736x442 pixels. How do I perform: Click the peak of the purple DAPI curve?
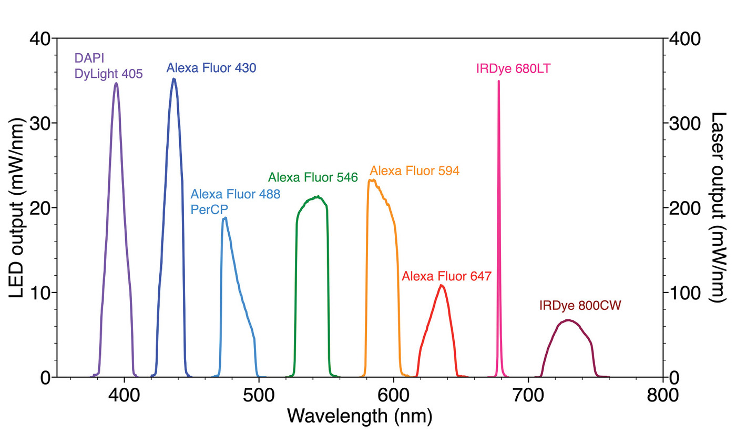(116, 83)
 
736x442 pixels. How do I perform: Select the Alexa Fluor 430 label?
(211, 68)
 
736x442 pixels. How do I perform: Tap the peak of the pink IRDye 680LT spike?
(498, 81)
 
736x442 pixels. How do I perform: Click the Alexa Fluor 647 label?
(446, 276)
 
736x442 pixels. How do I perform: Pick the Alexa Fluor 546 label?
(313, 177)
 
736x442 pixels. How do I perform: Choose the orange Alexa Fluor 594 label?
(415, 170)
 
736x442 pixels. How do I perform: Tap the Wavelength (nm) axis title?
(360, 417)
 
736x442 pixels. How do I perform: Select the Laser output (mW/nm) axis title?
(718, 207)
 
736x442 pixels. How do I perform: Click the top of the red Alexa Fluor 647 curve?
(442, 285)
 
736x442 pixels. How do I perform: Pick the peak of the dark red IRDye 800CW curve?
(568, 320)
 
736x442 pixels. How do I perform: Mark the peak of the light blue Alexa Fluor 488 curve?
(225, 218)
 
